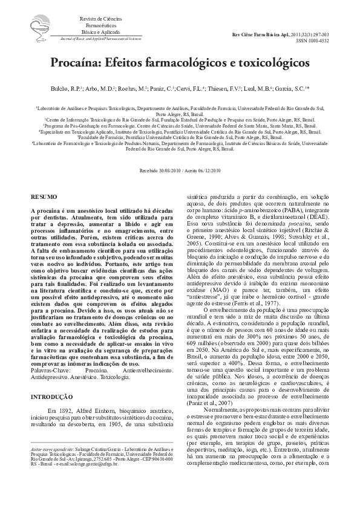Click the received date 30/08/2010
pos(170,172)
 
